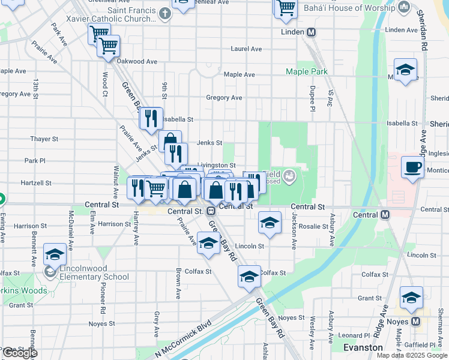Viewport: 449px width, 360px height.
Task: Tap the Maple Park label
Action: pos(307,71)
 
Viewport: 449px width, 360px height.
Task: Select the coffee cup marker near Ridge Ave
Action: pos(412,167)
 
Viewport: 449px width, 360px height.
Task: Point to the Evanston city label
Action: pos(363,347)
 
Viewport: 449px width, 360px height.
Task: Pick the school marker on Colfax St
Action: pos(249,277)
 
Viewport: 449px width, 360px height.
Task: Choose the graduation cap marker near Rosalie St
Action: pos(270,223)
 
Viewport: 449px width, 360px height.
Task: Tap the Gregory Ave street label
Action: pos(224,98)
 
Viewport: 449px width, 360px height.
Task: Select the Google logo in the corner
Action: pos(19,353)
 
